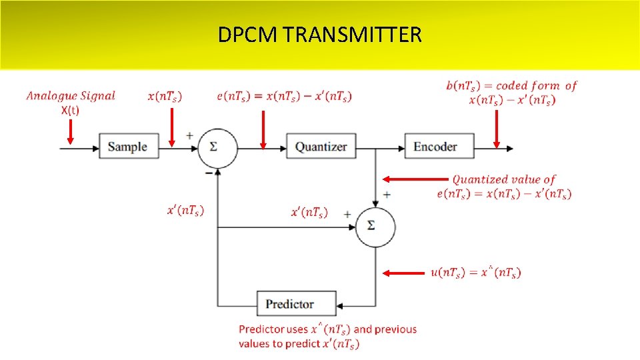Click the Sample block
tap(129, 146)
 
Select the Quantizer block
tap(321, 146)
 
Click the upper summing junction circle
tap(217, 146)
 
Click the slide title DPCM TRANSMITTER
tap(319, 35)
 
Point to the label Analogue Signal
tap(71, 96)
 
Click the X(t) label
tap(70, 111)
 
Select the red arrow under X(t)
tap(71, 133)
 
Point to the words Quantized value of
tap(503, 179)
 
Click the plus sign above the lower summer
tap(386, 195)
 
